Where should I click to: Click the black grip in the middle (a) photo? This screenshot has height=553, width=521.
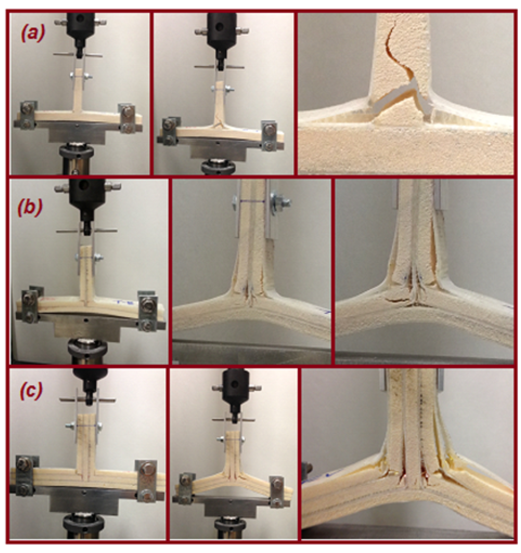tap(219, 30)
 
